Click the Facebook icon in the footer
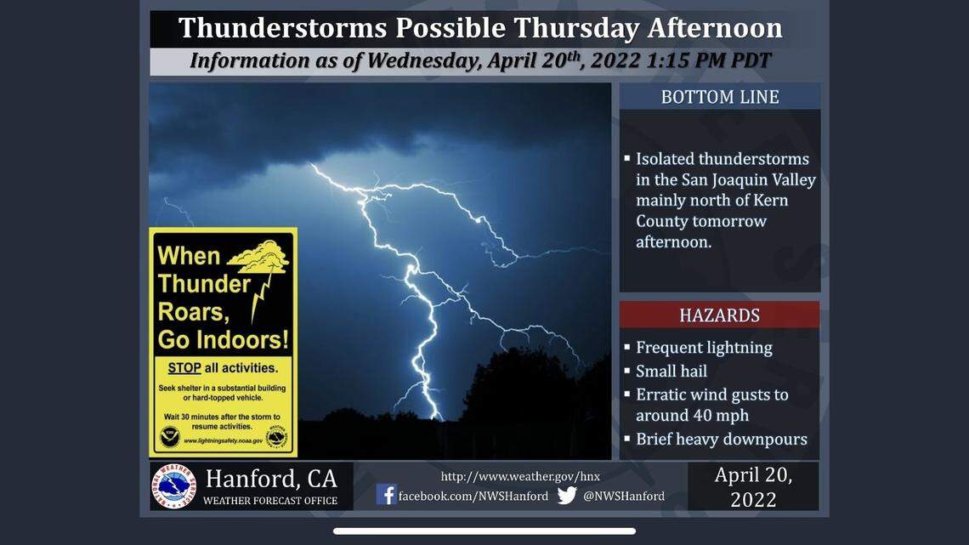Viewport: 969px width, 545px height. tap(386, 495)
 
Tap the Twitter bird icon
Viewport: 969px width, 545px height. tap(567, 495)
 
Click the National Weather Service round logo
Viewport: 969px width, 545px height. tap(174, 486)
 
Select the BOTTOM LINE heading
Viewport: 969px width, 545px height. tap(719, 97)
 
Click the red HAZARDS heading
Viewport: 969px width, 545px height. tap(719, 315)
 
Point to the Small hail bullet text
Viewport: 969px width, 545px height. tap(671, 371)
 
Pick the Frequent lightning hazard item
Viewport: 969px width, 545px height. tap(704, 347)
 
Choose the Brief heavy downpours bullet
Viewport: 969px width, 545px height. tap(721, 440)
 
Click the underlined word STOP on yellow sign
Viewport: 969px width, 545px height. tap(184, 368)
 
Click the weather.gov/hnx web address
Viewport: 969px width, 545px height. tap(519, 476)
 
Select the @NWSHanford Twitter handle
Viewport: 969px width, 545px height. tap(623, 496)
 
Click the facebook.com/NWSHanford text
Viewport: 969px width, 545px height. tap(473, 496)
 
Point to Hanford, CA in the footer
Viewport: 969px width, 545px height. tap(270, 478)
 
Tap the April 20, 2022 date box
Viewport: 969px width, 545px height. tap(753, 486)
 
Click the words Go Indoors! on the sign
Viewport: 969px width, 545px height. tap(223, 340)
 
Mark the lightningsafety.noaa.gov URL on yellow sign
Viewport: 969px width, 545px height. tap(223, 440)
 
